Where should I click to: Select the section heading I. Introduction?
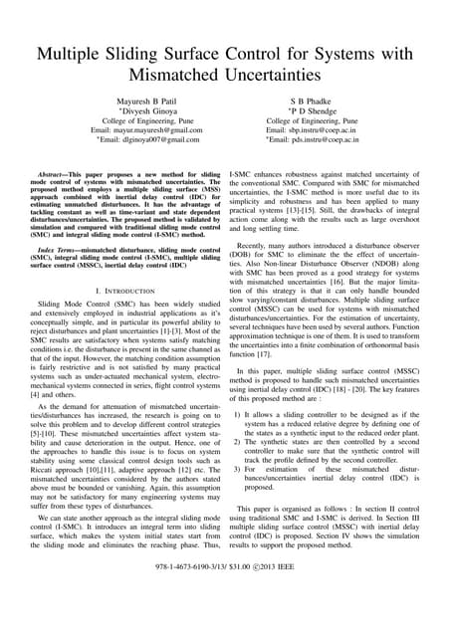126,297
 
